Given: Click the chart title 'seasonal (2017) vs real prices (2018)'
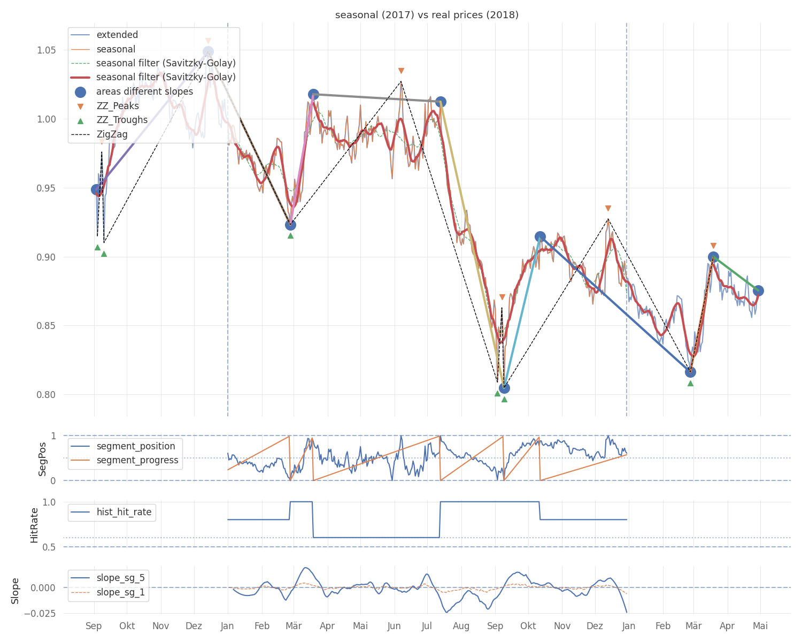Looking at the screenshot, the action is tap(426, 15).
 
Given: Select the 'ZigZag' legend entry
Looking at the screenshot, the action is tap(99, 134).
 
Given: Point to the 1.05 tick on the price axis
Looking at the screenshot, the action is tap(46, 50).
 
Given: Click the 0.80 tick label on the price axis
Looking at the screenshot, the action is tap(46, 394).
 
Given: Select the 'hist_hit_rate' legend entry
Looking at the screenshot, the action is tap(111, 512).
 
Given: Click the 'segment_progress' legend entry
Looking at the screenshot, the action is tap(125, 460).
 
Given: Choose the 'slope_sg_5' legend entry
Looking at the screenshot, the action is tap(108, 577).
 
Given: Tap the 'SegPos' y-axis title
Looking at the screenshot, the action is tap(42, 459).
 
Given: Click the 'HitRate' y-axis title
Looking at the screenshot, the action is tap(34, 525).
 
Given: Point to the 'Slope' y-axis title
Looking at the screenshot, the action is tap(15, 591).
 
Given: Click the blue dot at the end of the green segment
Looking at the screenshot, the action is tap(758, 291).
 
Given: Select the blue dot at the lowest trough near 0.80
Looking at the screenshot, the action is tap(504, 388).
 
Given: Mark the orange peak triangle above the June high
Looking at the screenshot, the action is tap(401, 71).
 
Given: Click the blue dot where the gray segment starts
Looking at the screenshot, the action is tap(313, 94).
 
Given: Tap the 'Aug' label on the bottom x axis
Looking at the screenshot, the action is tap(461, 625).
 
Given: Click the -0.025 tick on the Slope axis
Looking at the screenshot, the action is tap(40, 614).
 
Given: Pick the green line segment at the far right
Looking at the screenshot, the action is tap(735, 274).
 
